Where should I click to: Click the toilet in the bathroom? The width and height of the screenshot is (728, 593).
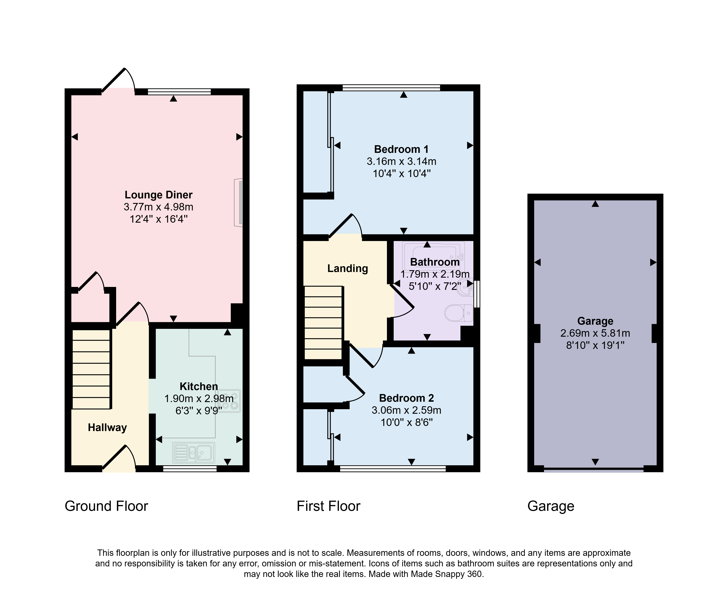click(459, 313)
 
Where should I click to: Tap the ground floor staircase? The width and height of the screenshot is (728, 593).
click(92, 369)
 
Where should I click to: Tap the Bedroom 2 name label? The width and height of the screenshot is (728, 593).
click(406, 398)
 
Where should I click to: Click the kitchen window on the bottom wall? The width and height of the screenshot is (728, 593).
click(190, 469)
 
